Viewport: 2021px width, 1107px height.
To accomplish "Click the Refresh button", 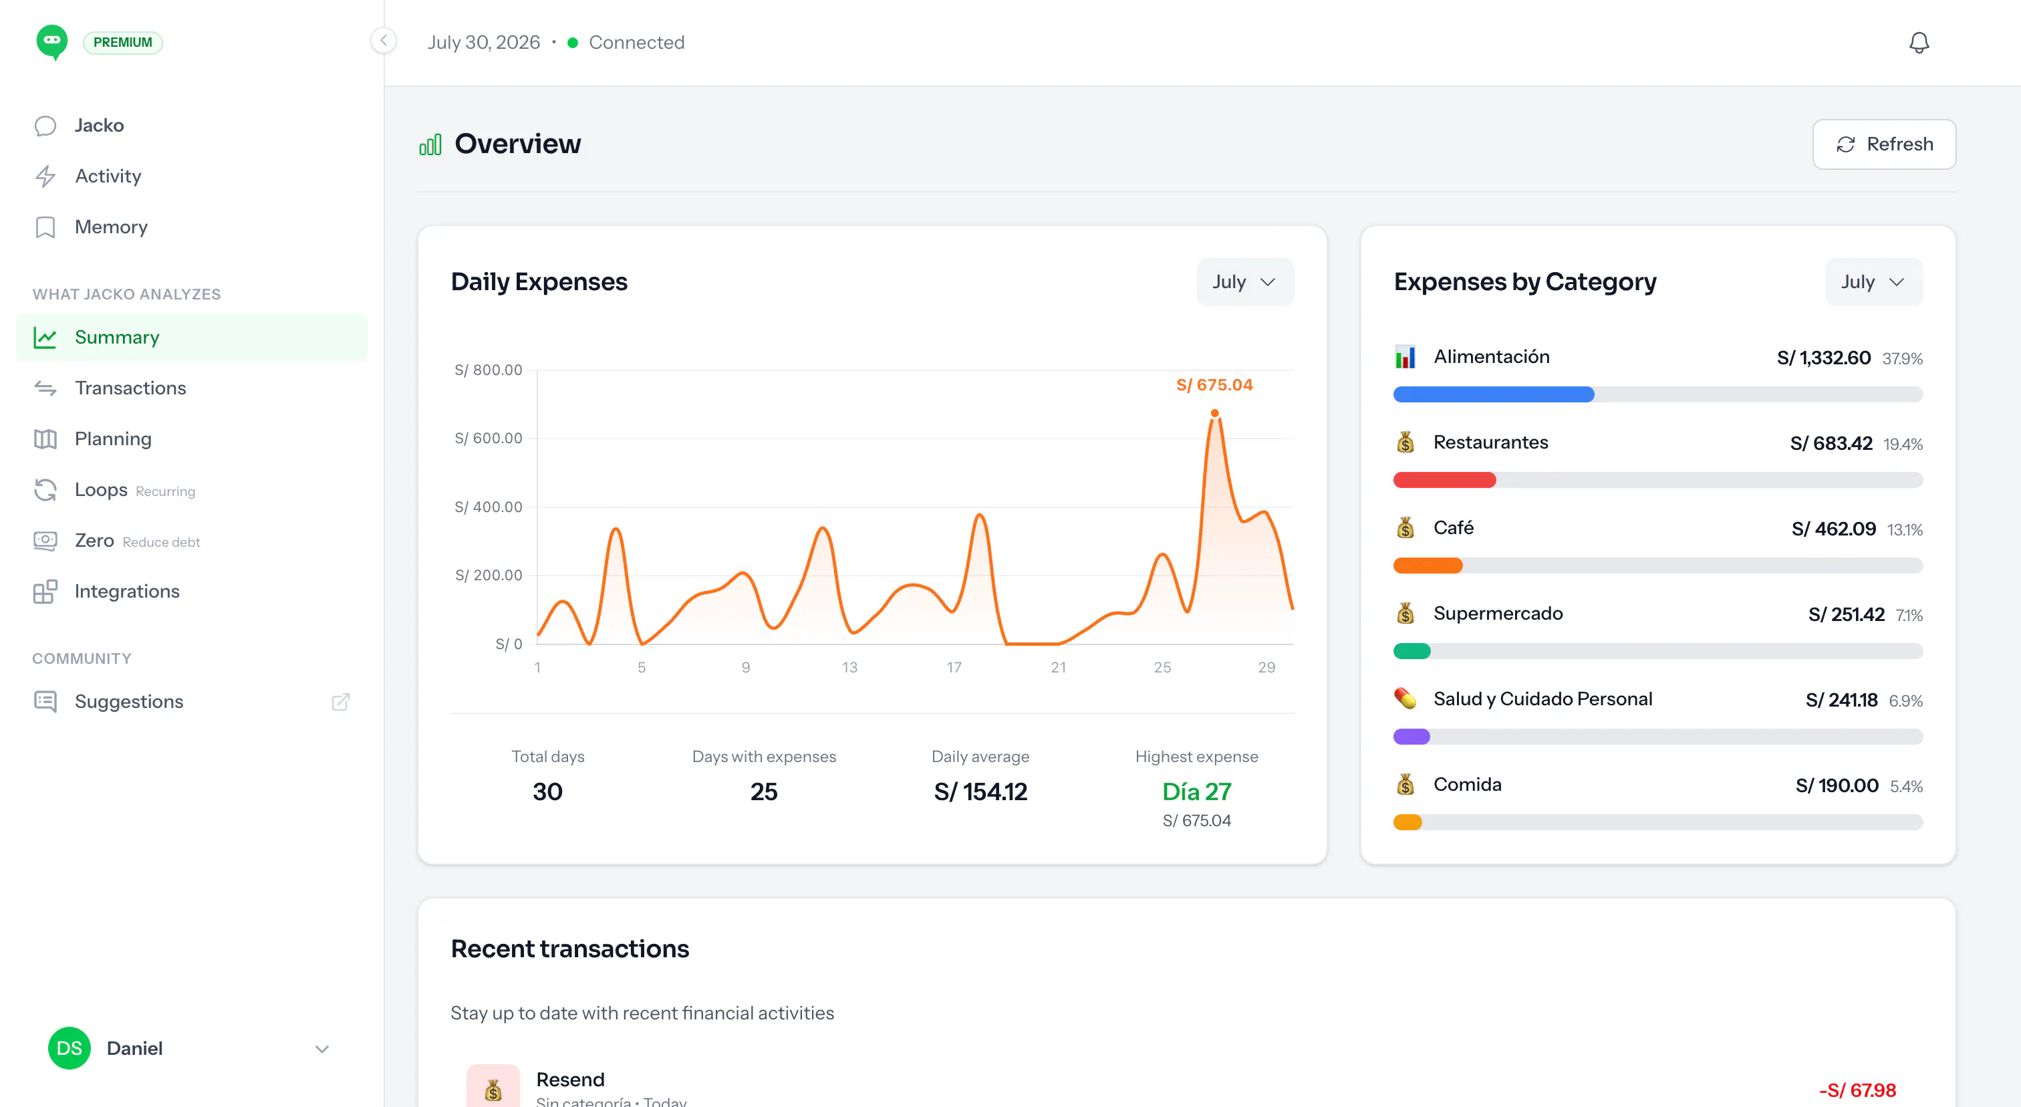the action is click(1884, 144).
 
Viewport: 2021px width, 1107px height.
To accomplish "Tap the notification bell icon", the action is click(1919, 42).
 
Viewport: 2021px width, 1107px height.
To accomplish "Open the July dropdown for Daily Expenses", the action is click(1245, 281).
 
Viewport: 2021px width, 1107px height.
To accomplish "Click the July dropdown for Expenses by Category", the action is click(1873, 281).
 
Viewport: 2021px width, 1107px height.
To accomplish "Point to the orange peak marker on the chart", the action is click(1214, 414).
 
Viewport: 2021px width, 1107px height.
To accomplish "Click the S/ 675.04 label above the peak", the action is click(1214, 384).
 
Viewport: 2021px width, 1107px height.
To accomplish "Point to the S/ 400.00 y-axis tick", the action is click(488, 507).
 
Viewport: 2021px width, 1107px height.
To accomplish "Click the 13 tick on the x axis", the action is click(849, 667).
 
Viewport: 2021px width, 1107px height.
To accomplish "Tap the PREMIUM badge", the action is click(122, 42).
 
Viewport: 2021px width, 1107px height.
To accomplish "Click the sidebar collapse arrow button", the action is click(384, 41).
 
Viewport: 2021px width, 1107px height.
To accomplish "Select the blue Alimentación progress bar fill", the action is click(1494, 394).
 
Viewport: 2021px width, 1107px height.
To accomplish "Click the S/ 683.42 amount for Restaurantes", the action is click(1831, 443).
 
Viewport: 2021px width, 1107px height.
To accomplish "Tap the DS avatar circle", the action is click(69, 1048).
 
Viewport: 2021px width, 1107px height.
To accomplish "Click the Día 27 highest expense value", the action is click(1196, 791).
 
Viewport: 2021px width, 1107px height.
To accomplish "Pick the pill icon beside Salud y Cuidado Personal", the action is click(1405, 699).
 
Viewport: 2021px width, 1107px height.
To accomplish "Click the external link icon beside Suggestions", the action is click(340, 701).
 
